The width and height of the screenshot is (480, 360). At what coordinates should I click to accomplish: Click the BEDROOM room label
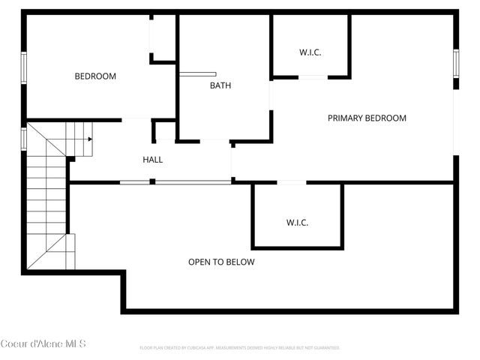point(95,76)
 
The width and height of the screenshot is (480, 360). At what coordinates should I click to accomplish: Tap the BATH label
point(220,85)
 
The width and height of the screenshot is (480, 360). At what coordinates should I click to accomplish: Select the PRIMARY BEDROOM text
point(367,118)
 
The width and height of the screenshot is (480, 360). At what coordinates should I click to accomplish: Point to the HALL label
point(153,160)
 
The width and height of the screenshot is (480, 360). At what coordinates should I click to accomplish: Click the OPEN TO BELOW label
point(221,262)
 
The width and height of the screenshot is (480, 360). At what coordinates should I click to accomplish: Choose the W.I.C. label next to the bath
point(310,52)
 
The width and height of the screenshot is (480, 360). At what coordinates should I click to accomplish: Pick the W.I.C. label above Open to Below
point(298,223)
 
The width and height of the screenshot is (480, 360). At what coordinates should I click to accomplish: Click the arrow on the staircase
point(88,139)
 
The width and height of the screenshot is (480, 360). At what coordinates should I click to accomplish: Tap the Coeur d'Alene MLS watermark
point(43,344)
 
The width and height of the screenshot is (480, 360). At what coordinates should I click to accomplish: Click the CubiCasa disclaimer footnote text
point(240,348)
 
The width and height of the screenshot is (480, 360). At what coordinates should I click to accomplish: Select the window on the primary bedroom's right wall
point(455,64)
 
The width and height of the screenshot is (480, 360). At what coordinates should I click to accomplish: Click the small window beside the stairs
point(24,138)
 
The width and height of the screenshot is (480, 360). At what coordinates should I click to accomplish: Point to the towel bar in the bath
point(198,74)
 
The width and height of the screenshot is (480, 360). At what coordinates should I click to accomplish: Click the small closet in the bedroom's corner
point(163,37)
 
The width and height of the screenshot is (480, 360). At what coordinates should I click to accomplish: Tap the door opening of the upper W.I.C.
point(312,76)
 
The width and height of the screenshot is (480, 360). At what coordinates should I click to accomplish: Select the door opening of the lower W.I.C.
point(292,182)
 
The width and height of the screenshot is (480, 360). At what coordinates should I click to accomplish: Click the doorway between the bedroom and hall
point(136,118)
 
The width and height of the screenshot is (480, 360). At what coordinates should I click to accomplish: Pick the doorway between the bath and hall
point(214,140)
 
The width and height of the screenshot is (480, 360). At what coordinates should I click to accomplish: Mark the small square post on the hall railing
point(152,181)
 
